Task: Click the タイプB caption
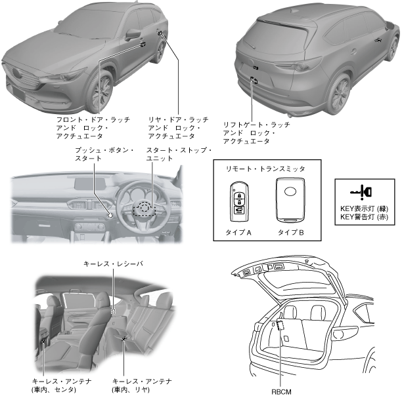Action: (x=287, y=232)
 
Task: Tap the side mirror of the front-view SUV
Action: (x=133, y=33)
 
